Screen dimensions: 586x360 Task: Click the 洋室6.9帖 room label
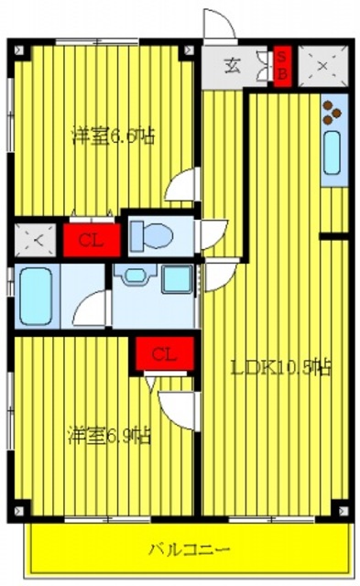click(109, 435)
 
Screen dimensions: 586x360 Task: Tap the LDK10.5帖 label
click(280, 368)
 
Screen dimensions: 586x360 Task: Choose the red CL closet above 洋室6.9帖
click(165, 353)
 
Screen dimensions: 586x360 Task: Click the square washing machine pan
click(177, 278)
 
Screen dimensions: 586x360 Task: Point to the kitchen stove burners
click(332, 114)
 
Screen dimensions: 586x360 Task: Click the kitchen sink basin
click(332, 153)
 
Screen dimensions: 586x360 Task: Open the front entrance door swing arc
click(218, 24)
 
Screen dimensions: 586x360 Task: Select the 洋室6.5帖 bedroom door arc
click(182, 186)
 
